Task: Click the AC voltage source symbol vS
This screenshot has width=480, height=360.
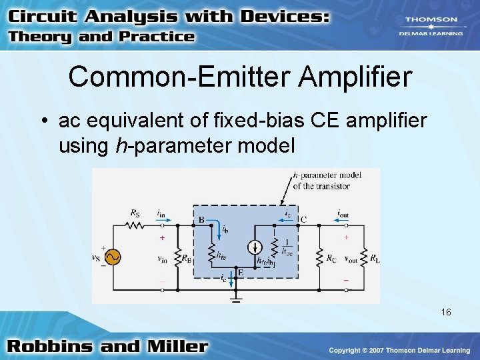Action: click(111, 257)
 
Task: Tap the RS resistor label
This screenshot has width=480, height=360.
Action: click(135, 213)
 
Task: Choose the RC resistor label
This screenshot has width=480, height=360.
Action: click(330, 257)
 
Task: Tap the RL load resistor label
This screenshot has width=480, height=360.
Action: click(375, 257)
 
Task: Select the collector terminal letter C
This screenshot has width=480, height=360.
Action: click(303, 219)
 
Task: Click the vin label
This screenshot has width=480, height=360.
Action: click(162, 259)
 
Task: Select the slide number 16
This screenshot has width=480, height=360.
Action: click(446, 312)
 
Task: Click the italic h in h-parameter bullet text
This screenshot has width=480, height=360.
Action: click(120, 145)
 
